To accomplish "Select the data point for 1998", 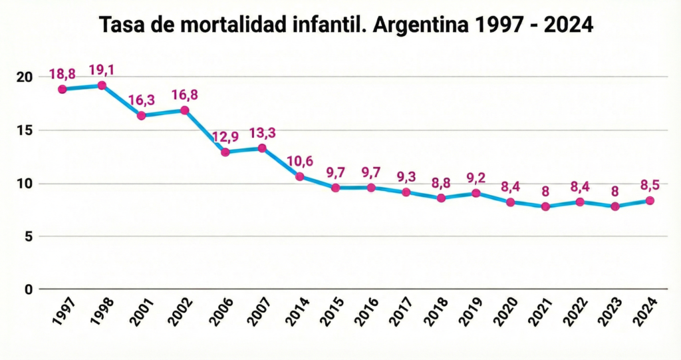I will coord(102,85).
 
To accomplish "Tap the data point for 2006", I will coord(225,152).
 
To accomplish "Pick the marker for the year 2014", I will coord(300,176).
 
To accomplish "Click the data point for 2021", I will coord(545,206).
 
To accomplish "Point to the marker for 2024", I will coord(650,200).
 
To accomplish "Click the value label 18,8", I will coord(62,74).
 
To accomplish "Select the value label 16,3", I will coord(141,100).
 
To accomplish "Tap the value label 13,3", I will coord(262,133).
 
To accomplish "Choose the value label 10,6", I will coord(300,161).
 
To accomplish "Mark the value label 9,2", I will coord(476,178).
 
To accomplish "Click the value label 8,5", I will coord(650,185).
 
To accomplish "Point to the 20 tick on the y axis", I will coord(24,77).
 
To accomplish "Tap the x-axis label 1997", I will coord(61,311).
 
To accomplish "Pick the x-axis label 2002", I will coord(180,311).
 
